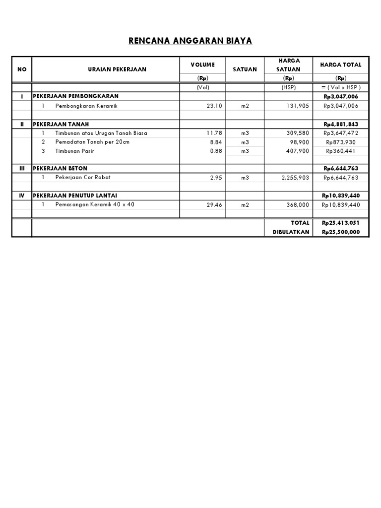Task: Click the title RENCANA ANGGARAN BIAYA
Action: [190, 41]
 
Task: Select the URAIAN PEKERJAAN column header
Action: [117, 69]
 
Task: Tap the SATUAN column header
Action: [245, 69]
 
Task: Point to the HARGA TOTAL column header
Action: [341, 65]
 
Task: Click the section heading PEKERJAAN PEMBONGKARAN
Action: [76, 96]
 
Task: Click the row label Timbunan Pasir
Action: [74, 151]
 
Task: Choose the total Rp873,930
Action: [341, 142]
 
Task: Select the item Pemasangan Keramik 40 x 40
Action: [95, 204]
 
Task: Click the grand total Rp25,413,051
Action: [341, 223]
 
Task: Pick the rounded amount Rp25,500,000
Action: [341, 232]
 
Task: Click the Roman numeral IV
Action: [21, 196]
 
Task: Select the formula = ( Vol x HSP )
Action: [341, 87]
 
